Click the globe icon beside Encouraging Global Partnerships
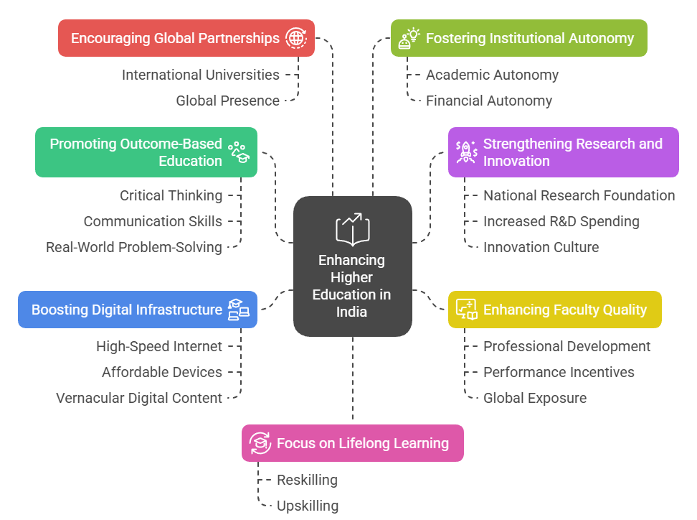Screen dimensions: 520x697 coord(295,38)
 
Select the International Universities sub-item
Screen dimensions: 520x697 coord(200,75)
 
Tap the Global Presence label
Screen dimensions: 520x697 coord(227,101)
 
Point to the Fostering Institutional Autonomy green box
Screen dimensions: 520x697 coord(518,38)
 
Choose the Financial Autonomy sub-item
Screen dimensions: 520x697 coord(488,101)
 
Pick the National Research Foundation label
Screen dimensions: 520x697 coord(579,195)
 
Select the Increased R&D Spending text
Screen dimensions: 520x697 coord(561,221)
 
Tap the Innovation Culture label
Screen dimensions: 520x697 coord(541,247)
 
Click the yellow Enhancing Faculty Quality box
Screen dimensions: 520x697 coord(554,310)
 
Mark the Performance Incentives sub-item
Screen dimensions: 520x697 coord(559,372)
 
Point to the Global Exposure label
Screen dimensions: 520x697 coord(534,398)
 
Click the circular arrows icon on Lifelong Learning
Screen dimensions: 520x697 coord(259,443)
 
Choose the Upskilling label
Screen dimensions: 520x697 coord(307,506)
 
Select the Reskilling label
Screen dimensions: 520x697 coord(307,480)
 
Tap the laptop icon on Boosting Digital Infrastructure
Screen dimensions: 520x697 coord(239,310)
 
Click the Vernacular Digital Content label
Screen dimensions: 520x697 coord(139,398)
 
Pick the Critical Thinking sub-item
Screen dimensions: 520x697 coord(171,195)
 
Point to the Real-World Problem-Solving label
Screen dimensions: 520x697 coord(134,247)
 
